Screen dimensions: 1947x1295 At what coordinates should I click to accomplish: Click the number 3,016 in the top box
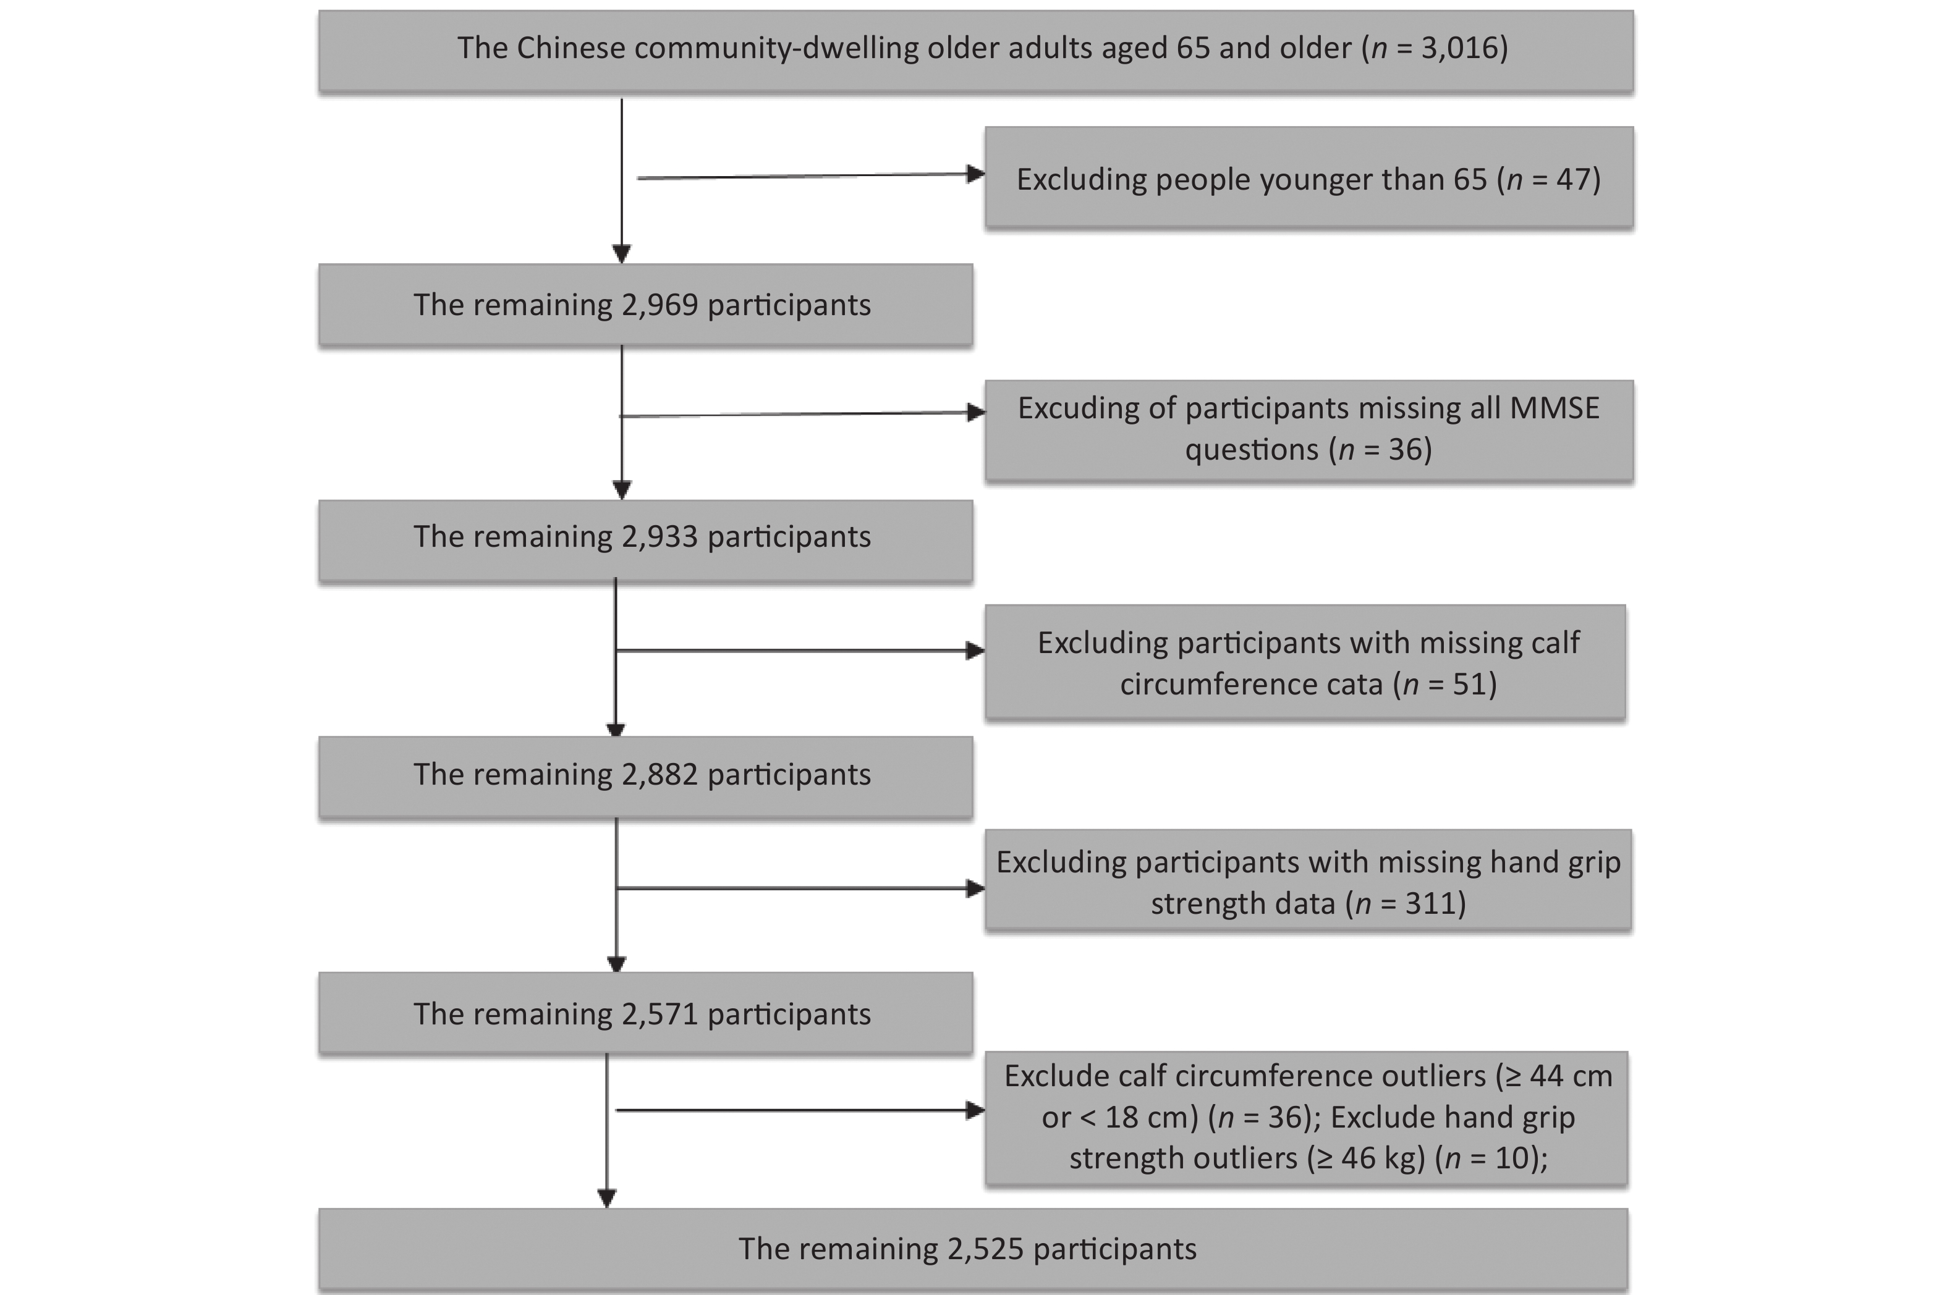click(x=1459, y=48)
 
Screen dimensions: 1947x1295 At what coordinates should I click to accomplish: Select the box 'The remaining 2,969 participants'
click(x=645, y=304)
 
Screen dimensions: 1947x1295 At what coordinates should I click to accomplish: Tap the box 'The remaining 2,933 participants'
click(x=645, y=540)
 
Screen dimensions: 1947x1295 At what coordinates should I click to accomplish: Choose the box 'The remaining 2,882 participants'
click(x=645, y=777)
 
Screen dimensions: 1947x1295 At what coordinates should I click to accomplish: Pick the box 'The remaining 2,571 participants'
click(x=645, y=1013)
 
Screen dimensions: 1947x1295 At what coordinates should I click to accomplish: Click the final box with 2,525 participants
click(x=973, y=1249)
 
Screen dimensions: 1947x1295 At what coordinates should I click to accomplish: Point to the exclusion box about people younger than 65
click(x=1309, y=177)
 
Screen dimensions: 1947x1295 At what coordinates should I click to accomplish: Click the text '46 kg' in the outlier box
click(x=1383, y=1158)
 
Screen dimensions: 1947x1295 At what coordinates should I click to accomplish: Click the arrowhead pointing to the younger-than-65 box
click(x=975, y=174)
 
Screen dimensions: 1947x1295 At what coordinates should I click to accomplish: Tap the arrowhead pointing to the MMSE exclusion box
click(x=975, y=412)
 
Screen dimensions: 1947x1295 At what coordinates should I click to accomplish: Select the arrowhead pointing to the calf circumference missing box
click(x=975, y=651)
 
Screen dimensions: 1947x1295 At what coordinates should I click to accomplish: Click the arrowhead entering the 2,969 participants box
click(x=622, y=255)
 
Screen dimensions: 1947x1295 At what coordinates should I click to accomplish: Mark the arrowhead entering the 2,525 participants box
click(x=607, y=1199)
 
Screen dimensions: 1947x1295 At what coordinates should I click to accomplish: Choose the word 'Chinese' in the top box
click(x=571, y=48)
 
